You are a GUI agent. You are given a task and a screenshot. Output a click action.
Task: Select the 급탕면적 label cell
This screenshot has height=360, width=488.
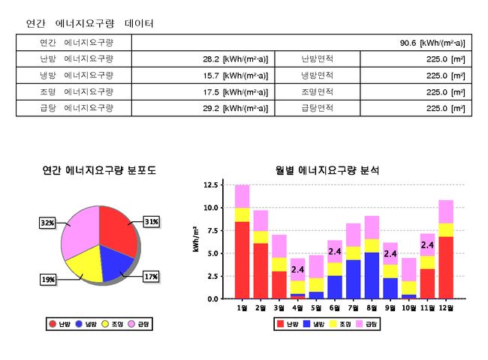tap(317, 108)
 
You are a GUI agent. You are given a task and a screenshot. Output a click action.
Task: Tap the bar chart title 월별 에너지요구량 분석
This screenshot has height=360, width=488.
tap(327, 170)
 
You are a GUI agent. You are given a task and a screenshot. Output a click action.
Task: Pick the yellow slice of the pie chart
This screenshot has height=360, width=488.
tap(83, 262)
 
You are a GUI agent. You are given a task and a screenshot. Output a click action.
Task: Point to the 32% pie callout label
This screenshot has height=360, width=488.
tap(47, 223)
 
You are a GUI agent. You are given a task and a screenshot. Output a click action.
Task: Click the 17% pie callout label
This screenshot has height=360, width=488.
tap(151, 277)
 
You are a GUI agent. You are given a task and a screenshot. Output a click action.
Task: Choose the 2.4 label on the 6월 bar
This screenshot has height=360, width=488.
tap(335, 251)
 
